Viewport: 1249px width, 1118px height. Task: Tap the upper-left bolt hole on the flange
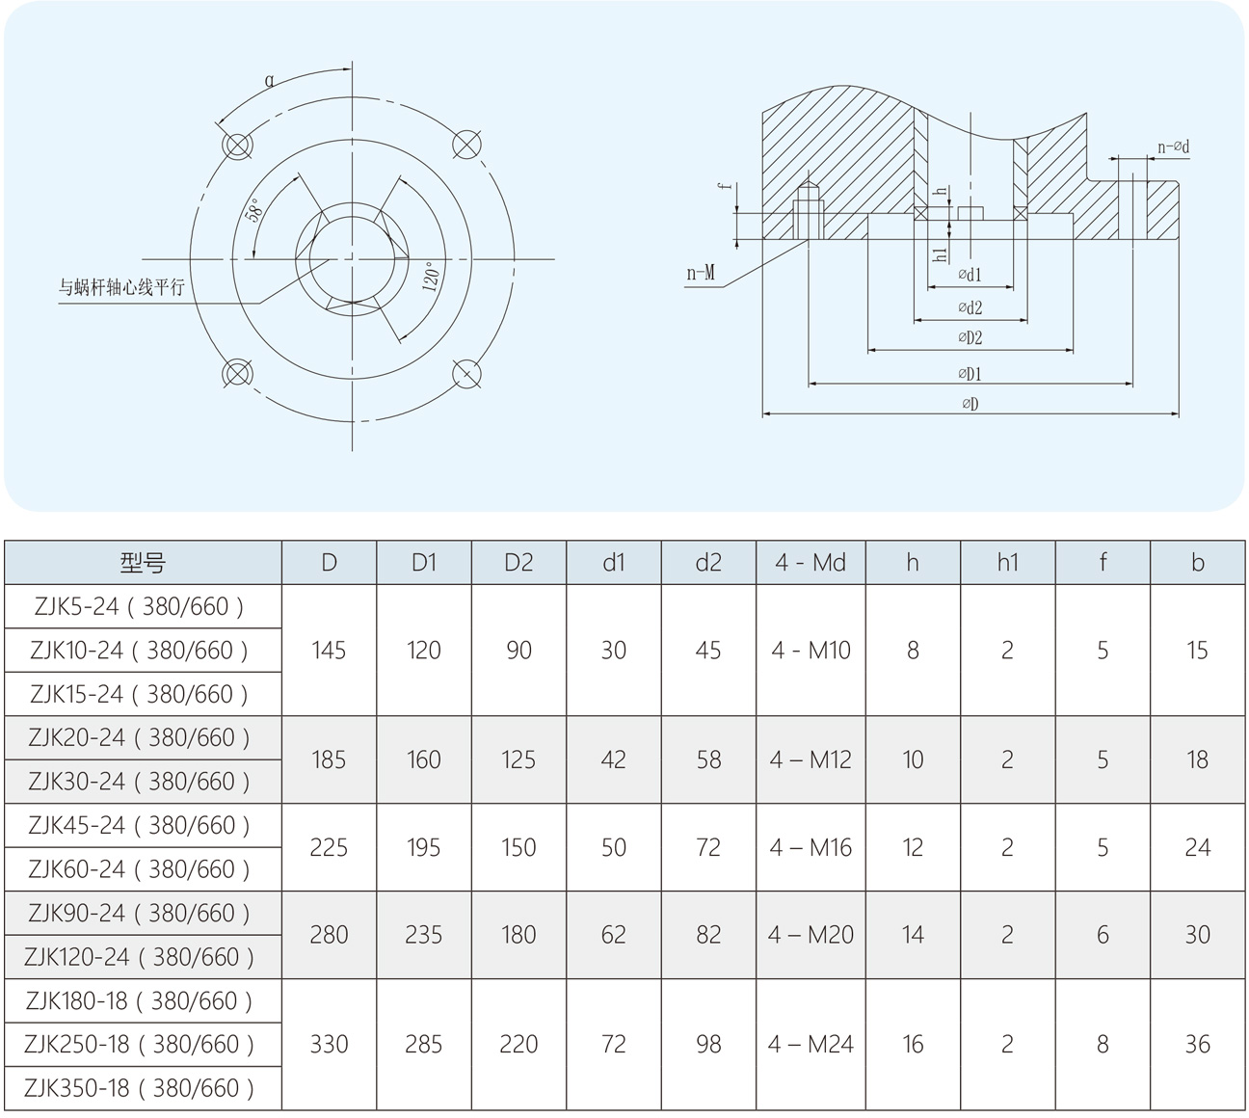point(237,146)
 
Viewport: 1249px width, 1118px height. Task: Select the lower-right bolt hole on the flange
point(466,373)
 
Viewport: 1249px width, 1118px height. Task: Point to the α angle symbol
point(270,81)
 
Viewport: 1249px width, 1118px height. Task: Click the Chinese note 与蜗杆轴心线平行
point(121,287)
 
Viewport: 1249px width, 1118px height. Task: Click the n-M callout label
point(701,273)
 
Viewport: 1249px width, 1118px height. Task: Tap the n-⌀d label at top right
point(1173,147)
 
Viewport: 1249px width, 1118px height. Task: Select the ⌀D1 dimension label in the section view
point(970,374)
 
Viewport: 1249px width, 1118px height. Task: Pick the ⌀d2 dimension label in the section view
point(970,307)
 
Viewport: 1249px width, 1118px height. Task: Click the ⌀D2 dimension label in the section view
point(970,338)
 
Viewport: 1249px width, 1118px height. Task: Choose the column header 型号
point(143,563)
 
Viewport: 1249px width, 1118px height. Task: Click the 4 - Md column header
point(811,563)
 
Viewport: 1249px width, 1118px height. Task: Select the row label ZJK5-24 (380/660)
point(140,606)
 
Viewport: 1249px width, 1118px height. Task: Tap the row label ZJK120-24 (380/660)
point(140,957)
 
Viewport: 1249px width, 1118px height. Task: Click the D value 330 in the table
point(329,1044)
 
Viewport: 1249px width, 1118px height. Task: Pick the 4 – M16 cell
point(811,847)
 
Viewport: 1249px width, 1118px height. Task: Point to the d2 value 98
point(708,1044)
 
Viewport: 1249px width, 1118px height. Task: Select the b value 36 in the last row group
point(1197,1044)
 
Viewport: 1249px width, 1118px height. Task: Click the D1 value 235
point(423,935)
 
